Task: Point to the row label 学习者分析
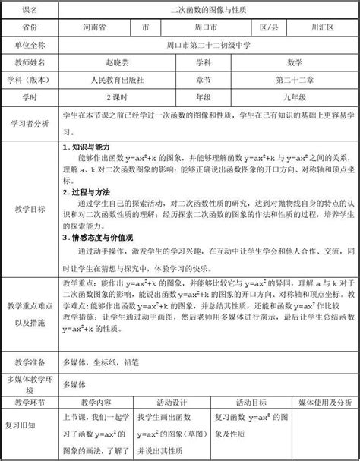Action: (x=30, y=122)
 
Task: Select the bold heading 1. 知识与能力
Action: (x=87, y=147)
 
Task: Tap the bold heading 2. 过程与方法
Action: (x=87, y=194)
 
